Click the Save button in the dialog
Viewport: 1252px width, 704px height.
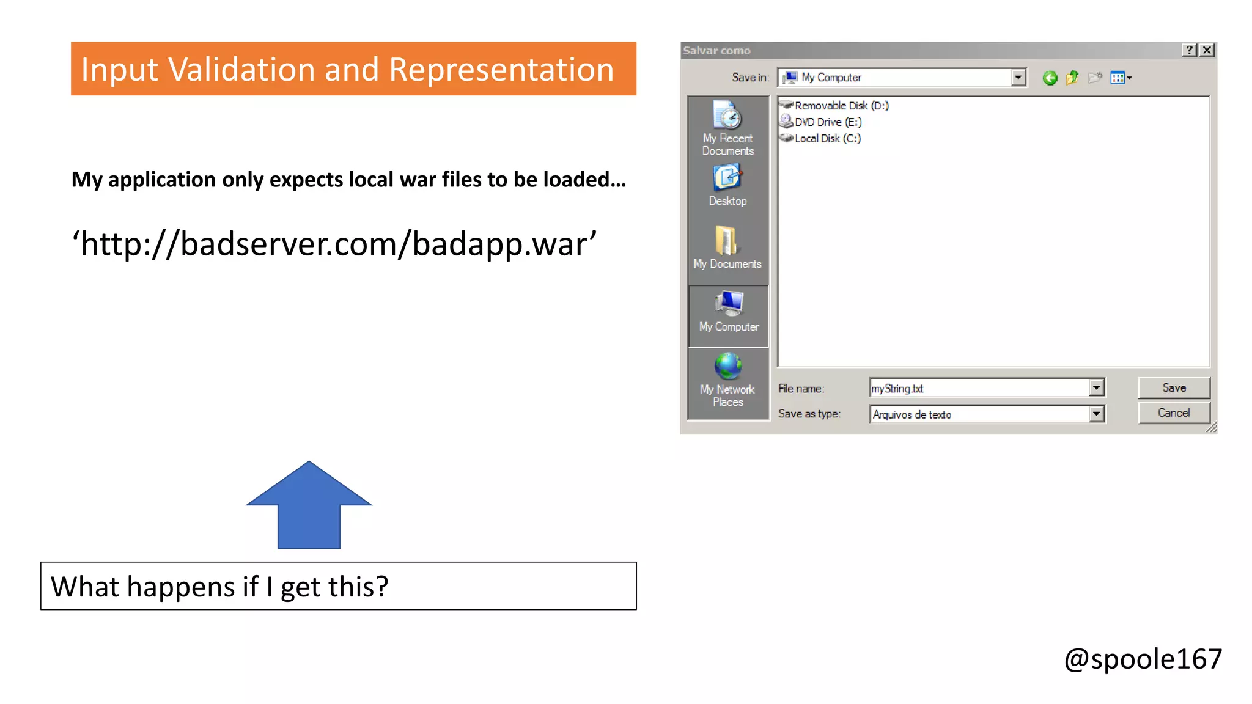point(1173,387)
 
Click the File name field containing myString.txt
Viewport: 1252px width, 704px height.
point(978,388)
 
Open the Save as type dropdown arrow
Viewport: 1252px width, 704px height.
point(1096,414)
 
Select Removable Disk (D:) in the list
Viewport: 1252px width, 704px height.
point(841,105)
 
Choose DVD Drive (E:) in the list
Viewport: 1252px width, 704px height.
point(827,122)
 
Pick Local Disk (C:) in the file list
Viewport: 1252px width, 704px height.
point(827,138)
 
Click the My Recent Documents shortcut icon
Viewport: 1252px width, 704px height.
point(727,116)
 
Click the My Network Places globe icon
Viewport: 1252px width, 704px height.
point(727,367)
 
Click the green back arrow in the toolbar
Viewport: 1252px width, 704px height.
point(1050,78)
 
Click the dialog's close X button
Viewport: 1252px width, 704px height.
point(1207,50)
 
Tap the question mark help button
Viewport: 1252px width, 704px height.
point(1189,50)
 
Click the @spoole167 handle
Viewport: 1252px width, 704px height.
point(1143,659)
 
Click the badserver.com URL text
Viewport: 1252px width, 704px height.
point(334,244)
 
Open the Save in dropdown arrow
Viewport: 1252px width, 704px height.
point(1018,78)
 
